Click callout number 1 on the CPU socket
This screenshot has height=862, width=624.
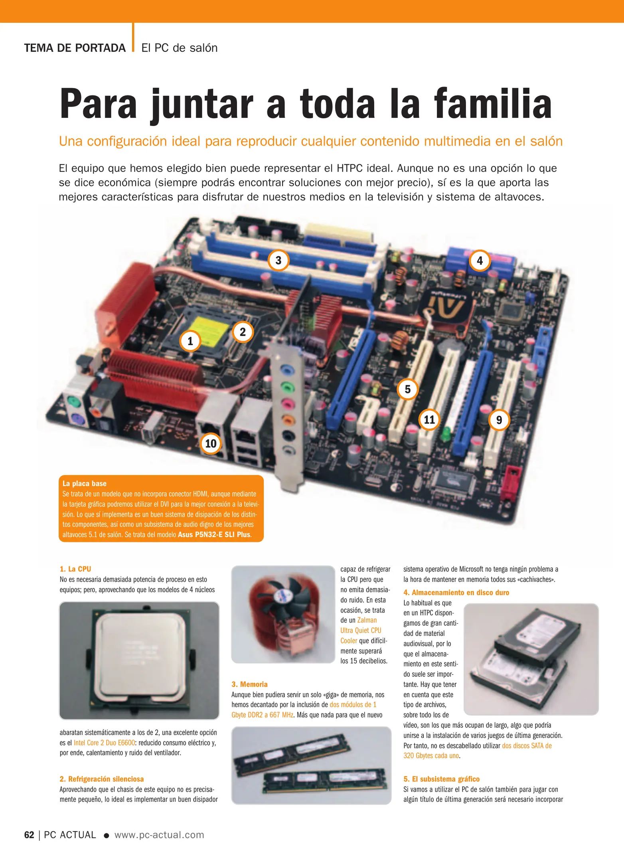[190, 341]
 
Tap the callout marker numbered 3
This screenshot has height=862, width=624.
[278, 261]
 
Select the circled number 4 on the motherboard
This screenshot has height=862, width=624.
[480, 261]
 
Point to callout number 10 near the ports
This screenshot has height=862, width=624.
[211, 443]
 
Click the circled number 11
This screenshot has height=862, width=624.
[429, 419]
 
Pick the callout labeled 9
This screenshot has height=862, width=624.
[499, 420]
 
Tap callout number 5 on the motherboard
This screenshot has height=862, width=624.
[407, 389]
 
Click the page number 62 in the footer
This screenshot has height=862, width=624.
[29, 835]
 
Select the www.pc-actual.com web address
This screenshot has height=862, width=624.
[159, 835]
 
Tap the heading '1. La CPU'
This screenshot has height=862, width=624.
[75, 569]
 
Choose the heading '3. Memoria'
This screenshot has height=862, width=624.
[249, 684]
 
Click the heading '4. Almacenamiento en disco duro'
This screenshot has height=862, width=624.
[456, 593]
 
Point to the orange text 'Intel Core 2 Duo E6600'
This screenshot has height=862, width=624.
[105, 743]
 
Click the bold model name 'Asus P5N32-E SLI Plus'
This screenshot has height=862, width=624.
[214, 535]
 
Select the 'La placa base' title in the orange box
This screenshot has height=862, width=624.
[85, 484]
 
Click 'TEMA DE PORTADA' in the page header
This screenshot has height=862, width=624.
[75, 48]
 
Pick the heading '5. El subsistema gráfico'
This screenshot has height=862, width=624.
[441, 779]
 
